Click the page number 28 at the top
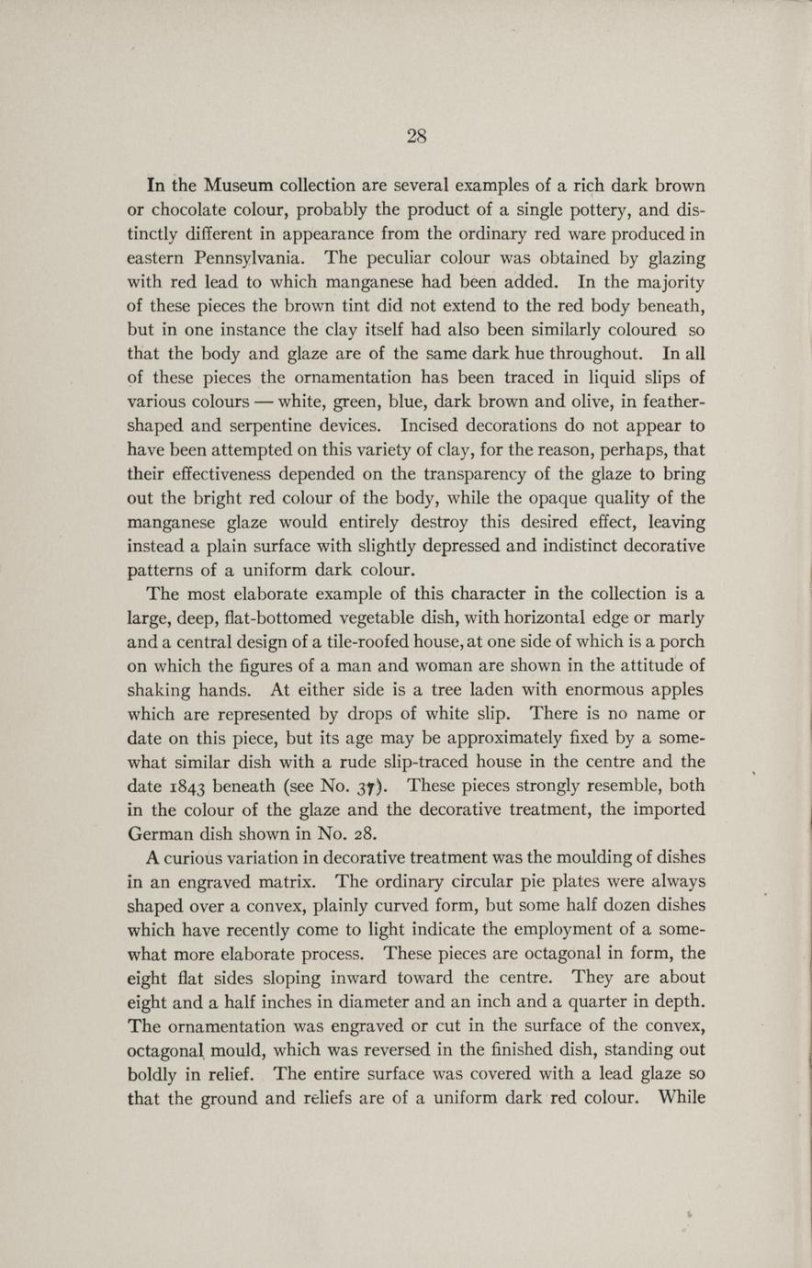(416, 137)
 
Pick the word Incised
(433, 426)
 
